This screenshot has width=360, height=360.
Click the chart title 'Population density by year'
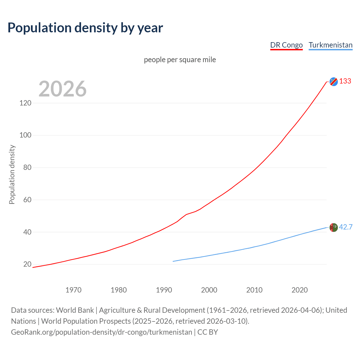click(85, 28)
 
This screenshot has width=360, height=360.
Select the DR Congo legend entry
click(286, 45)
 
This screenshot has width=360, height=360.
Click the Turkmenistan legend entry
click(330, 45)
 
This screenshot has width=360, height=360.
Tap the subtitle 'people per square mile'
click(180, 60)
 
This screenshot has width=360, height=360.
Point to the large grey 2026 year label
click(62, 89)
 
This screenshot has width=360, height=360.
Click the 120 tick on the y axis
click(25, 103)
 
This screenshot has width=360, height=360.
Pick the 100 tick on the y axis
click(25, 135)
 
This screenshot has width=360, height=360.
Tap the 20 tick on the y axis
click(27, 264)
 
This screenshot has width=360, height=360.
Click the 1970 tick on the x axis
click(73, 290)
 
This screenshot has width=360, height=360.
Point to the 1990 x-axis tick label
click(164, 290)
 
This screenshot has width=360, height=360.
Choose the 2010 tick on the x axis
click(254, 290)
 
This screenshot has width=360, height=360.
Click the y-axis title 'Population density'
click(12, 174)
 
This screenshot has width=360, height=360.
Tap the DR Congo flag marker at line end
click(334, 82)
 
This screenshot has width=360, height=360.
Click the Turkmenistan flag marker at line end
click(334, 227)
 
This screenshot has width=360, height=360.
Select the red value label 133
click(345, 81)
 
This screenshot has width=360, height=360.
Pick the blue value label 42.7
click(346, 227)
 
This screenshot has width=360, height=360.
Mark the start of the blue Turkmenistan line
click(173, 261)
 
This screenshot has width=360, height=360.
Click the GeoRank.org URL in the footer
click(102, 332)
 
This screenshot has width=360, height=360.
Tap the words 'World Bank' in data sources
click(75, 310)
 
